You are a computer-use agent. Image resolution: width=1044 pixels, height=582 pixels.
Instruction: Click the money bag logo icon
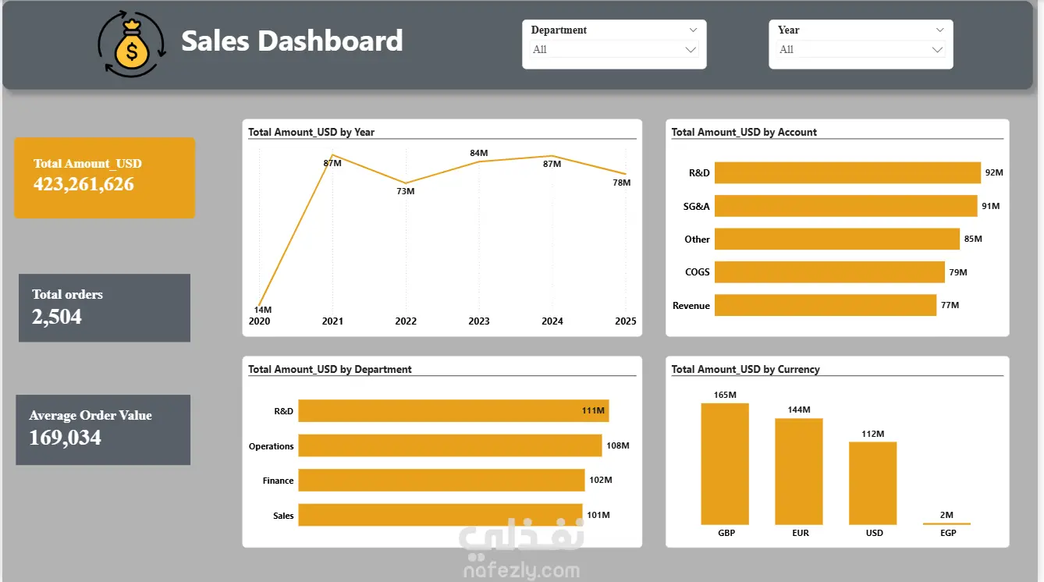[132, 44]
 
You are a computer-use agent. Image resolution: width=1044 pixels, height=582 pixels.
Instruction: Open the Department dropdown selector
[614, 49]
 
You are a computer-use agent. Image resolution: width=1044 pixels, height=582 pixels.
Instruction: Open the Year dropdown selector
[861, 49]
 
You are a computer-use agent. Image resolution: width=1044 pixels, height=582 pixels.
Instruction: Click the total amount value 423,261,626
[83, 184]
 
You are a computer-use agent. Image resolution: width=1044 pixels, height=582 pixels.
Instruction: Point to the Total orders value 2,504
[56, 317]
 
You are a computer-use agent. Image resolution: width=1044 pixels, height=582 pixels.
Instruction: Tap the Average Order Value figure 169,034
[65, 438]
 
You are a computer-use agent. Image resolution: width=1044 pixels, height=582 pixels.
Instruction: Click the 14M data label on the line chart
[263, 310]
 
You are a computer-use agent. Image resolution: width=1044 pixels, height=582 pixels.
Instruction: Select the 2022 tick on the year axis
[406, 321]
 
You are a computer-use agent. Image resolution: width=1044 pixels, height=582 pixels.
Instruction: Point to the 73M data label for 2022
[406, 191]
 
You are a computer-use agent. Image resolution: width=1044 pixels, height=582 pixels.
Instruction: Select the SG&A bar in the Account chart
[846, 206]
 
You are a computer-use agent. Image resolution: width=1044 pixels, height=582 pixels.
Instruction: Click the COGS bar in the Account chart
[829, 272]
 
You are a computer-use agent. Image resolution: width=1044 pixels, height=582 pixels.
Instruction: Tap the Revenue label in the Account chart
[691, 306]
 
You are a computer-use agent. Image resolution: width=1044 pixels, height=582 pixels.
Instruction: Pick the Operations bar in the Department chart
[449, 446]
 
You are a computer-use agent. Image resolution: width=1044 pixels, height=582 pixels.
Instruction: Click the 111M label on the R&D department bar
[593, 410]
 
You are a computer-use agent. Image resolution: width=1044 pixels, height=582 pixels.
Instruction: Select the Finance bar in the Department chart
[442, 481]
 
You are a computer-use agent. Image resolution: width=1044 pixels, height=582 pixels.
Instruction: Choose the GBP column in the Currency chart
[725, 464]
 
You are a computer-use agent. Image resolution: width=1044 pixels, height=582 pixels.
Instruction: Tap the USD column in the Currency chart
[872, 483]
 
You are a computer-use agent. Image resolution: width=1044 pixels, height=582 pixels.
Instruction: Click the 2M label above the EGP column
[946, 515]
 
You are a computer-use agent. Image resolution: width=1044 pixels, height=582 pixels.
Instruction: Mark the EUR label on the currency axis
[801, 533]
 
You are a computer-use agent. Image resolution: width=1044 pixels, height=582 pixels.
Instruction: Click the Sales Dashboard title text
[292, 41]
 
